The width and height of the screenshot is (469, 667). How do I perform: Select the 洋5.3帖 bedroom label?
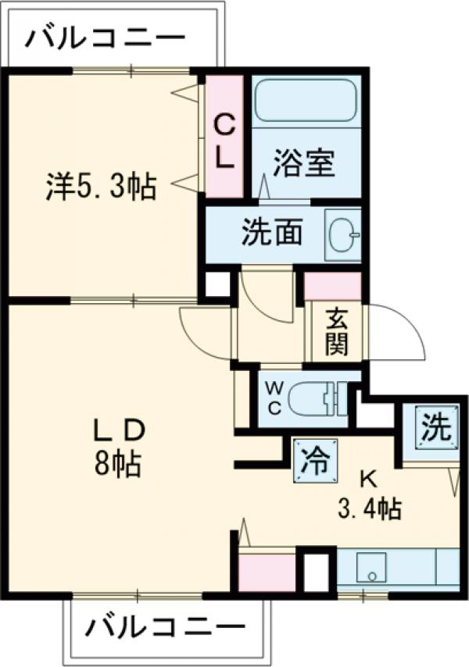point(100,187)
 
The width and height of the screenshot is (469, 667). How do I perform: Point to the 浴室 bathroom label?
point(305,164)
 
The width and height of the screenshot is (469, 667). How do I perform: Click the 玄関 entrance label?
point(337,333)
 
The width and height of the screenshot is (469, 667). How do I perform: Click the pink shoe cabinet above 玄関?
point(332,287)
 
